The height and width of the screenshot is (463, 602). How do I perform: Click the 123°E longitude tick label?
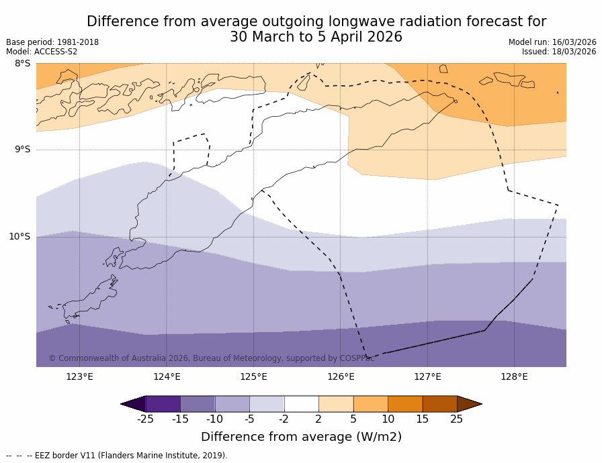coord(79,376)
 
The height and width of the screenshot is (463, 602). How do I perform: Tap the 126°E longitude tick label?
coord(341,376)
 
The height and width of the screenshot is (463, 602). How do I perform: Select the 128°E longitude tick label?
coord(514,376)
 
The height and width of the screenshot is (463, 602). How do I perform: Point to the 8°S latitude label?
coord(22,64)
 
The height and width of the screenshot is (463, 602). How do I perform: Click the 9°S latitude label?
coord(22,150)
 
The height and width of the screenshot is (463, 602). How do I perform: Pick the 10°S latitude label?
coord(19,236)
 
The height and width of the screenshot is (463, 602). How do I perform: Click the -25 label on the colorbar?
coord(145,419)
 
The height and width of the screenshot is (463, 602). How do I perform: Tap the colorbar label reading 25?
coord(457,419)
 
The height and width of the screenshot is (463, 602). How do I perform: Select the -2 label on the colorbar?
coord(284,419)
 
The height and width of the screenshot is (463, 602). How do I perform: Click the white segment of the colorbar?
coord(301,404)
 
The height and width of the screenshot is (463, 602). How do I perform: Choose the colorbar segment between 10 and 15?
coord(405,404)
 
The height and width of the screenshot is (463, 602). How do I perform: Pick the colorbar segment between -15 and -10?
coord(198,404)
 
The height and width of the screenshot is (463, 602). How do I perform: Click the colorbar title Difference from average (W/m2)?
coord(301,437)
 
